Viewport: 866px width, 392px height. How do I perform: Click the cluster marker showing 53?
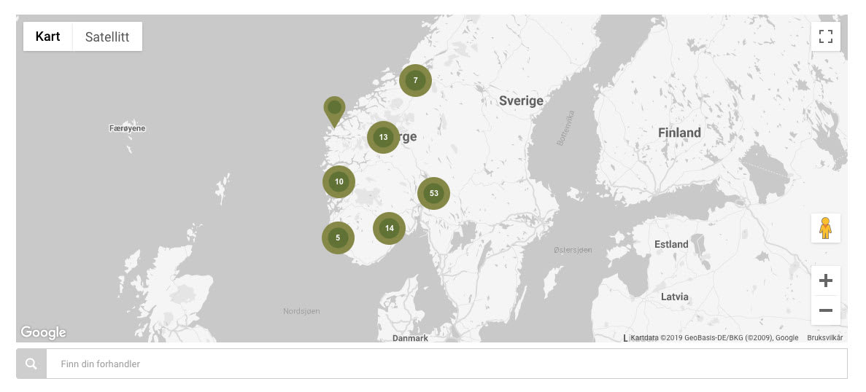pyautogui.click(x=433, y=193)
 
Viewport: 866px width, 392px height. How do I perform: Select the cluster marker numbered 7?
pyautogui.click(x=415, y=80)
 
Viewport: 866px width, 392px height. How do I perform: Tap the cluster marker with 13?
pyautogui.click(x=383, y=137)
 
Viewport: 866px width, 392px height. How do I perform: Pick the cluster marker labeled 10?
pyautogui.click(x=339, y=181)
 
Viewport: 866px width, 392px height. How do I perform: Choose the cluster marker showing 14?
pyautogui.click(x=389, y=228)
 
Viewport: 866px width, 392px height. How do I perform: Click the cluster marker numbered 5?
pyautogui.click(x=338, y=238)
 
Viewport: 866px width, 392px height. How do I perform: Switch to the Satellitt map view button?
pyautogui.click(x=107, y=36)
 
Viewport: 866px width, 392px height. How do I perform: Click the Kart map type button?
pyautogui.click(x=47, y=36)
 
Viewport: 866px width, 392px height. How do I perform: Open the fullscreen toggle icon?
pyautogui.click(x=825, y=36)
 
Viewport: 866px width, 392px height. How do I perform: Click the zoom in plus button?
pyautogui.click(x=825, y=281)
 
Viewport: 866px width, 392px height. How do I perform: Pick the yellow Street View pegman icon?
pyautogui.click(x=825, y=228)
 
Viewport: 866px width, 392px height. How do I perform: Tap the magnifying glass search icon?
pyautogui.click(x=31, y=364)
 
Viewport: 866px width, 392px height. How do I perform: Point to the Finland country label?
pyautogui.click(x=679, y=133)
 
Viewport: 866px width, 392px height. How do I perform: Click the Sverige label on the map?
pyautogui.click(x=521, y=101)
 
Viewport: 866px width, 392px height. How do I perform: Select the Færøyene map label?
pyautogui.click(x=128, y=128)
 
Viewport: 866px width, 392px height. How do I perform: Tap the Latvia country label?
pyautogui.click(x=674, y=297)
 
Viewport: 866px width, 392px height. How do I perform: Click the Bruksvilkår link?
pyautogui.click(x=824, y=337)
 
